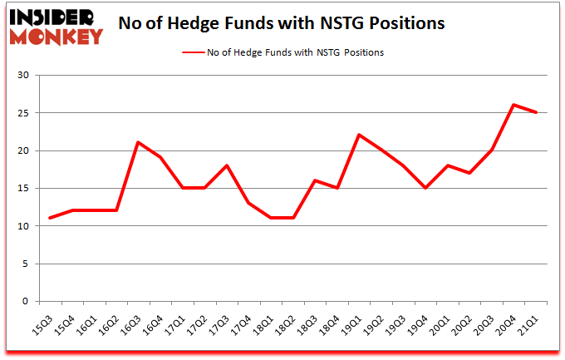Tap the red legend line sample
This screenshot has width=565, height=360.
coord(196,52)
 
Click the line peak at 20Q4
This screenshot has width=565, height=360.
coord(514,105)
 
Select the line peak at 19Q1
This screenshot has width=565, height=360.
coord(356,135)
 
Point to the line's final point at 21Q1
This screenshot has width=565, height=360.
coord(536,112)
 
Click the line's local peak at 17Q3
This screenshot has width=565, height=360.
coord(226,165)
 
